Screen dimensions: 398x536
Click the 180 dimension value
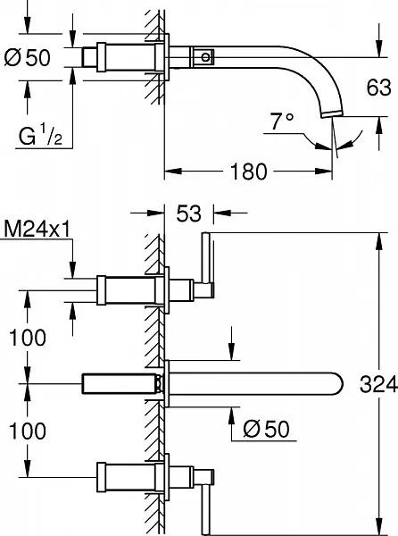(248, 172)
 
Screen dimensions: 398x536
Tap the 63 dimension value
(378, 88)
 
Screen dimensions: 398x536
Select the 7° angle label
(282, 121)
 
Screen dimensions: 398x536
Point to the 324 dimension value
(378, 383)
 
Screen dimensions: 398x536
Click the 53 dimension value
(189, 214)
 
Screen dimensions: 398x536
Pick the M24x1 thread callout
(37, 229)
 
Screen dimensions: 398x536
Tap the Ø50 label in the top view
(28, 57)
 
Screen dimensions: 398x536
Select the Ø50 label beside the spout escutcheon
(266, 428)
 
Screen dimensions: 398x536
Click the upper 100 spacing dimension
(28, 338)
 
